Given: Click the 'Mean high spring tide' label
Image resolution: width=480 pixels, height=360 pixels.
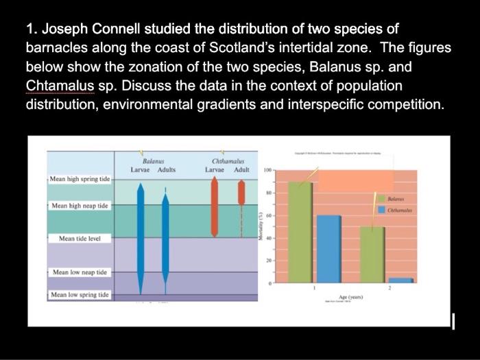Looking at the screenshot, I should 80,180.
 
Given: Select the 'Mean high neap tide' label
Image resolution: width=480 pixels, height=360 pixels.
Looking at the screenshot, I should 80,206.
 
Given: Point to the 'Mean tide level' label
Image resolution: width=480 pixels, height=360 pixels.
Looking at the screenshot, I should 80,239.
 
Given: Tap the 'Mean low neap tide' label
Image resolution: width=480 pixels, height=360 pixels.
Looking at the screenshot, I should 80,272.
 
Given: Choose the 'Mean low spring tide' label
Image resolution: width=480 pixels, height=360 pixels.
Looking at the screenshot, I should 80,295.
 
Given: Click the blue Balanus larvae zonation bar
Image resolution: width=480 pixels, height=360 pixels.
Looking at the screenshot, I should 141,233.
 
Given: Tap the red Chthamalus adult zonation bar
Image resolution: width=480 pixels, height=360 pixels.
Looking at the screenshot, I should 241,192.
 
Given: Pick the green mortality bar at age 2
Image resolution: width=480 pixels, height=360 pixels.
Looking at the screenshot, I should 372,254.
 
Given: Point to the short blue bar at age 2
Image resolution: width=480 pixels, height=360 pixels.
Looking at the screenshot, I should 401,280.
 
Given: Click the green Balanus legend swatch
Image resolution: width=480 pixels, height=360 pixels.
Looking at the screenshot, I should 381,197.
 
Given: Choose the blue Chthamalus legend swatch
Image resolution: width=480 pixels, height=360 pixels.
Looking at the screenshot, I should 381,209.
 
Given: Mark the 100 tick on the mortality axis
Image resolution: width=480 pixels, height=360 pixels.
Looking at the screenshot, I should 267,167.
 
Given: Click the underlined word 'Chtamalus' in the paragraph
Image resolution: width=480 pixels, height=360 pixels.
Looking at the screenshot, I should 58,87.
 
